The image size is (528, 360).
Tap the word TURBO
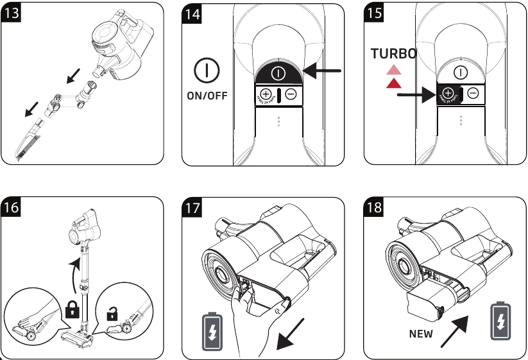pos(393,55)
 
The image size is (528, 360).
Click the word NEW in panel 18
pos(421,334)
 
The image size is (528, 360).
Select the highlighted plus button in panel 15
pos(448,94)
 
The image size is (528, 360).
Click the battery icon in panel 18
pos(500,321)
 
